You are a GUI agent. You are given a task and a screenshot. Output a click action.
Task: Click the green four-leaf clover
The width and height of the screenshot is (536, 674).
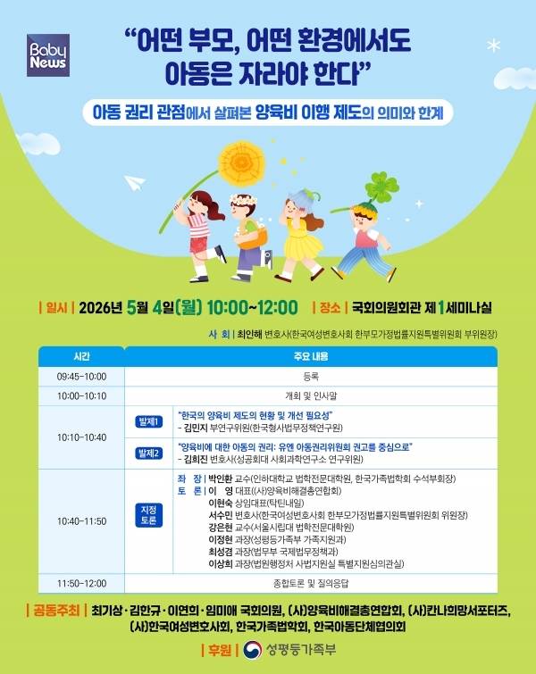[x=381, y=188]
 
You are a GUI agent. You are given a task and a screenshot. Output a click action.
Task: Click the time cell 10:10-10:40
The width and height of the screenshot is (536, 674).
[x=81, y=437]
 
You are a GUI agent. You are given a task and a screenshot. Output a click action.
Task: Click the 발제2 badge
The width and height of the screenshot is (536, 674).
[x=148, y=453]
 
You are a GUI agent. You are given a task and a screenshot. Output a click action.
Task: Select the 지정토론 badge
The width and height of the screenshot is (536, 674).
[x=148, y=516]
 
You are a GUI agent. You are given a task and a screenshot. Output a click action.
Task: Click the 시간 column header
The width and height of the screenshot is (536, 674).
[x=81, y=357]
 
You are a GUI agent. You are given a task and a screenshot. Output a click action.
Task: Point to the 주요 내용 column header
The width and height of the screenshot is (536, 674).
[x=312, y=357]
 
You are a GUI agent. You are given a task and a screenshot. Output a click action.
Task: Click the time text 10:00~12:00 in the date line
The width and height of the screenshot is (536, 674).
[x=252, y=308]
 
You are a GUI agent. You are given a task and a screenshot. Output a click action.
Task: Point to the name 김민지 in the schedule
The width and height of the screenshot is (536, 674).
[x=201, y=430]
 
